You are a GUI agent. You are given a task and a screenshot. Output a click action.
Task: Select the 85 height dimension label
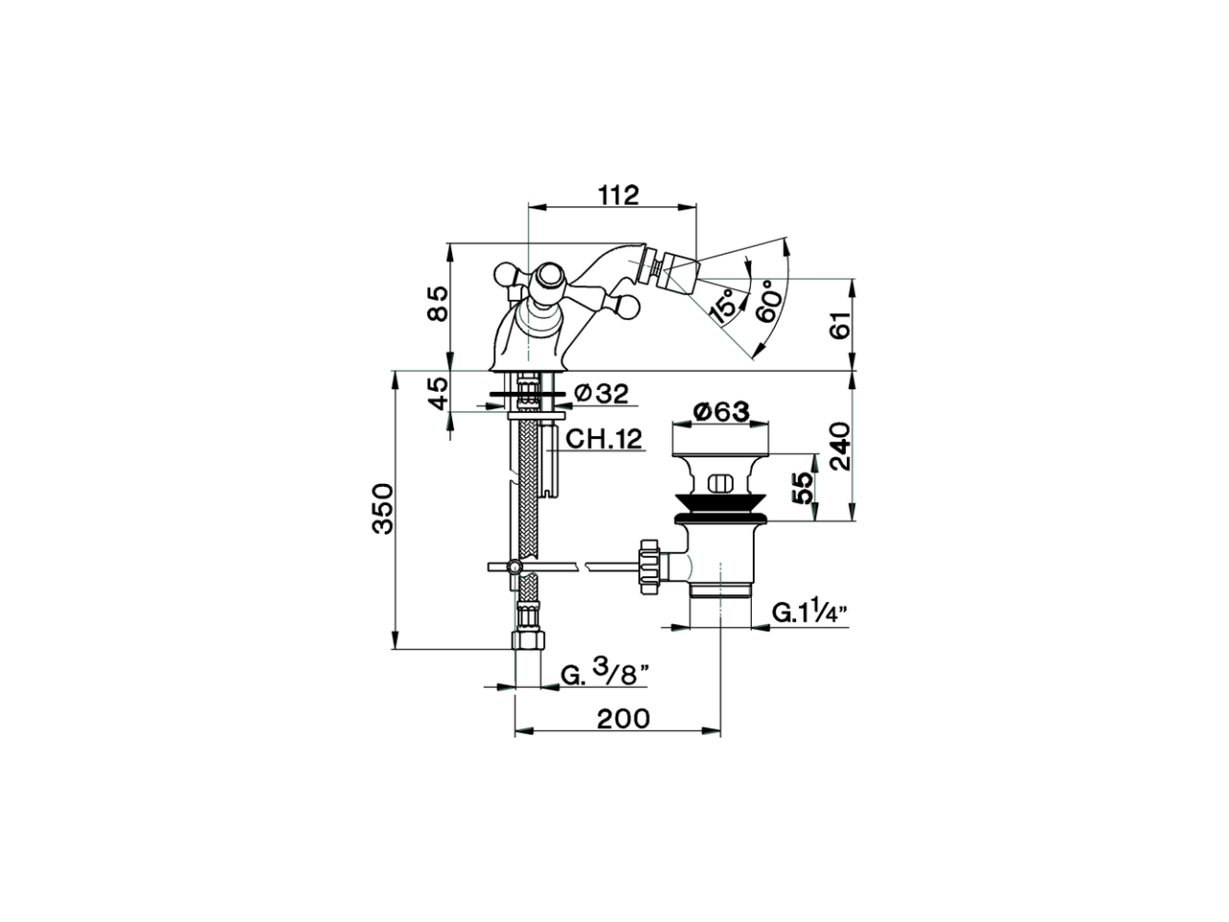click(x=438, y=303)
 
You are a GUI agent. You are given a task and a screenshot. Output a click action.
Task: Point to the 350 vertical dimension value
click(x=383, y=509)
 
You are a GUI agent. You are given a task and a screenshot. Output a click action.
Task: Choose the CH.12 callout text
click(x=603, y=439)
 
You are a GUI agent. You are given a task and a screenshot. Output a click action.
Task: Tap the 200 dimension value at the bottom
click(x=622, y=717)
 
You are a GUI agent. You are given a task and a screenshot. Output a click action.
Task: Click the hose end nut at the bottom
click(x=527, y=639)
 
